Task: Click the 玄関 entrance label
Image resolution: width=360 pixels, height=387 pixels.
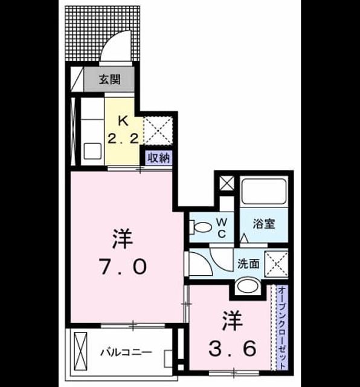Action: coord(110,80)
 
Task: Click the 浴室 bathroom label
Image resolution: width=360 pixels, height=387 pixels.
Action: coord(264,224)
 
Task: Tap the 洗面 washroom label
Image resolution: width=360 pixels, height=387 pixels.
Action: coord(248,264)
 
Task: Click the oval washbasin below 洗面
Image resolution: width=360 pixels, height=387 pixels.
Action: coord(248,286)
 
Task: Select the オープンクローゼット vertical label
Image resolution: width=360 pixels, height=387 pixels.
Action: coord(282,328)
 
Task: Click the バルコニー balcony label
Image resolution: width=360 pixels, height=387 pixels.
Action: coord(126,352)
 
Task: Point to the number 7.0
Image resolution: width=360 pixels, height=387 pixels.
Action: coord(123,267)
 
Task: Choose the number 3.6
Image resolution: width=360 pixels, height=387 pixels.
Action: coord(232,349)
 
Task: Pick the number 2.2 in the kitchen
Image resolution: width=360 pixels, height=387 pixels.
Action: coord(123,138)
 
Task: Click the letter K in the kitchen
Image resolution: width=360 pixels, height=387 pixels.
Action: coord(123,121)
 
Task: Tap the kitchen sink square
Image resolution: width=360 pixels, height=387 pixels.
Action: coord(92,151)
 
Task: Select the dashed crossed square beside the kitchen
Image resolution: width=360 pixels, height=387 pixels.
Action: coord(158,131)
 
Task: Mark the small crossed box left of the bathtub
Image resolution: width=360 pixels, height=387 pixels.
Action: coord(227,183)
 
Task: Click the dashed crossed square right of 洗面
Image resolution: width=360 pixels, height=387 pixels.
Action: coord(276,264)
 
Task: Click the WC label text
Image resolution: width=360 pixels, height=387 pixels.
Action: coord(222,228)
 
